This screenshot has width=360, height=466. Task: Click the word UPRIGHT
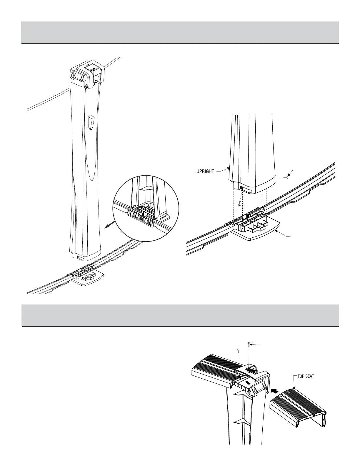click(205, 171)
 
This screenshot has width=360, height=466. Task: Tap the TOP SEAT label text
click(306, 376)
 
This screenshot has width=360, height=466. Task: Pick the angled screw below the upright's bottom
click(240, 203)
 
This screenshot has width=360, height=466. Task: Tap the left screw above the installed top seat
click(238, 350)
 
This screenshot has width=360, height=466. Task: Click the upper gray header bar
click(180, 32)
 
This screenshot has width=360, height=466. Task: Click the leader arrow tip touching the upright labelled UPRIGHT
click(229, 169)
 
